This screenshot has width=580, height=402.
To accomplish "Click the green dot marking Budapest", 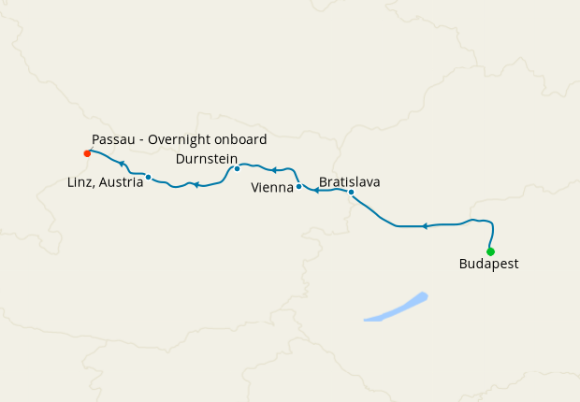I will point(490,251).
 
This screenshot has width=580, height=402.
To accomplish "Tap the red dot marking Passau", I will point(87,153).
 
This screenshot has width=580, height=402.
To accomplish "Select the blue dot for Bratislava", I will point(351,193).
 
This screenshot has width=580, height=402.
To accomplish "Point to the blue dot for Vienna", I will point(298,187).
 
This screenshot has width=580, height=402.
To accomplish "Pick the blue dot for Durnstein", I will point(237,168).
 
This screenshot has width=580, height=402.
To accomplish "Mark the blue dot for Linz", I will point(149,178).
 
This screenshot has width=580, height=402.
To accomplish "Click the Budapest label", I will point(488,265).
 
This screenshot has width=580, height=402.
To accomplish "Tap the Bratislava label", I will point(350,181).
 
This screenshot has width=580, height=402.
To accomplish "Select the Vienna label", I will point(272,188).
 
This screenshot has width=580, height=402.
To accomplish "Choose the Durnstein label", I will point(206,159).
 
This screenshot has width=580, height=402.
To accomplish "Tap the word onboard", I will point(241,139).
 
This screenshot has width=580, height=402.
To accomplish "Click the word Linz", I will point(81,182).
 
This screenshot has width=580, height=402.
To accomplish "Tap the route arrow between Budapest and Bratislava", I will point(425,226).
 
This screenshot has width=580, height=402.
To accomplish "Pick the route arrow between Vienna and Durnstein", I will point(274,170).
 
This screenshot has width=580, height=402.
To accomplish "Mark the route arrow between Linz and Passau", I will point(122,164).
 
